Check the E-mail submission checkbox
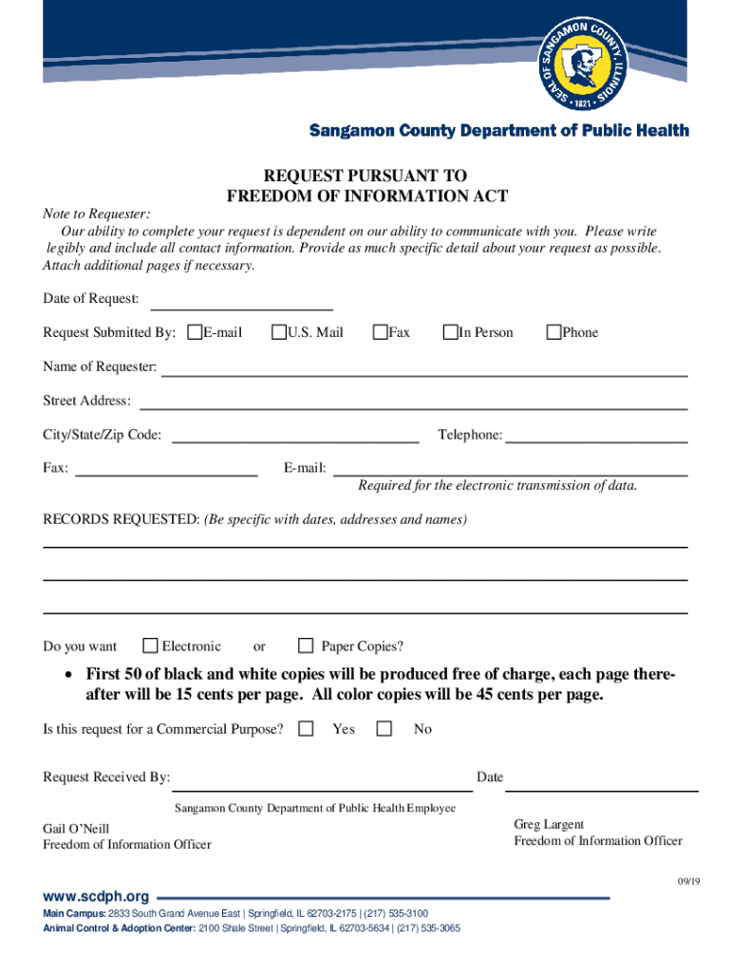point(195,332)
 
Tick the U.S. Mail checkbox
point(279,332)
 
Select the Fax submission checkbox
point(380,332)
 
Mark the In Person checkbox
point(450,332)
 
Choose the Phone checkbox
point(553,332)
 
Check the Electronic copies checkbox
point(150,646)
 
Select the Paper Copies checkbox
point(306,646)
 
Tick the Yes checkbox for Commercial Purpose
point(306,729)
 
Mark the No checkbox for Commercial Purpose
point(384,729)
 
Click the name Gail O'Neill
point(76,829)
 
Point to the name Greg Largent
point(549,824)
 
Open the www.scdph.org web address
point(96,896)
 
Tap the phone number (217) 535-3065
point(428,928)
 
